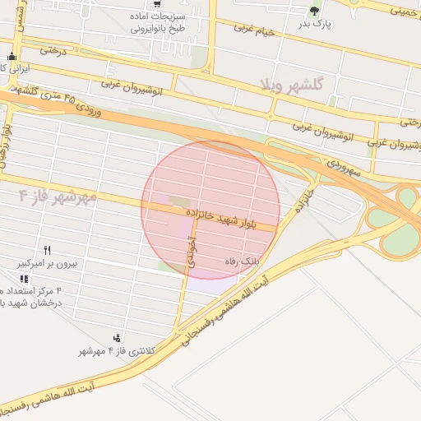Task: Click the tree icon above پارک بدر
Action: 313,11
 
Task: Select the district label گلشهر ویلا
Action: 292,85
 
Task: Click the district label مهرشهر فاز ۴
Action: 58,196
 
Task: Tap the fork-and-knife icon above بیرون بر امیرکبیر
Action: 48,250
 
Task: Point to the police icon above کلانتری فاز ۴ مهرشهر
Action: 118,337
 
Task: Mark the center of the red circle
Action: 210,210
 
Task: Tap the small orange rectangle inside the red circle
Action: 178,200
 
